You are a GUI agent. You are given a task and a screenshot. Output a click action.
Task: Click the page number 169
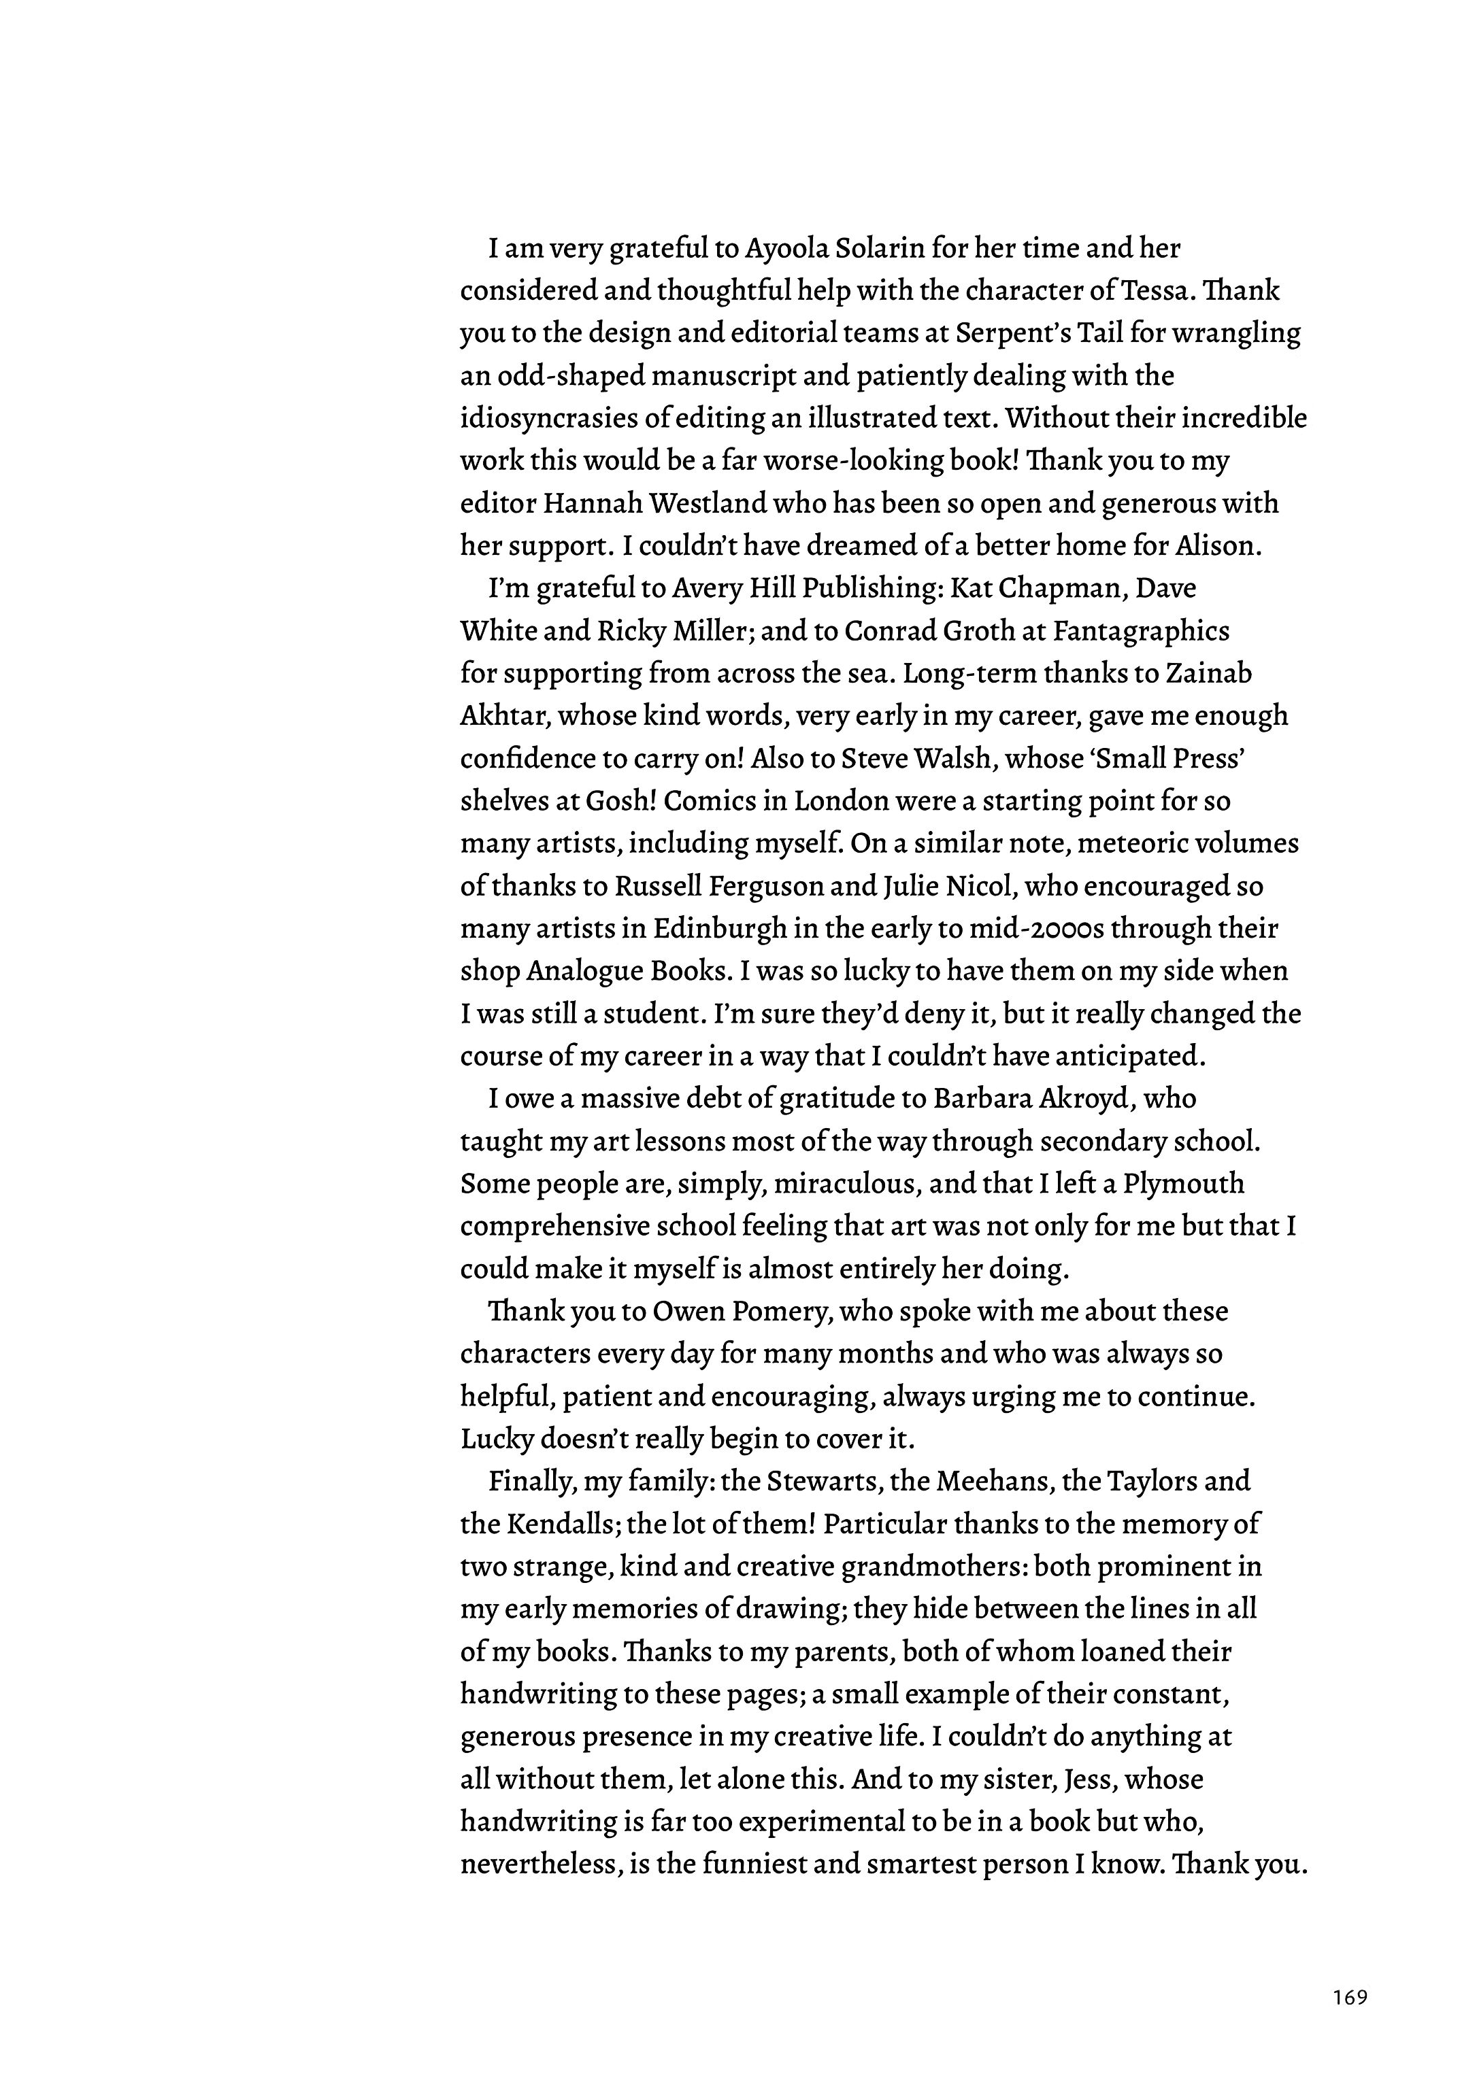point(1350,1997)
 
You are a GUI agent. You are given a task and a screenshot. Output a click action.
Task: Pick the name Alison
point(1218,546)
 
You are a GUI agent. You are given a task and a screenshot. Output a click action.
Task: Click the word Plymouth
point(1184,1185)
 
